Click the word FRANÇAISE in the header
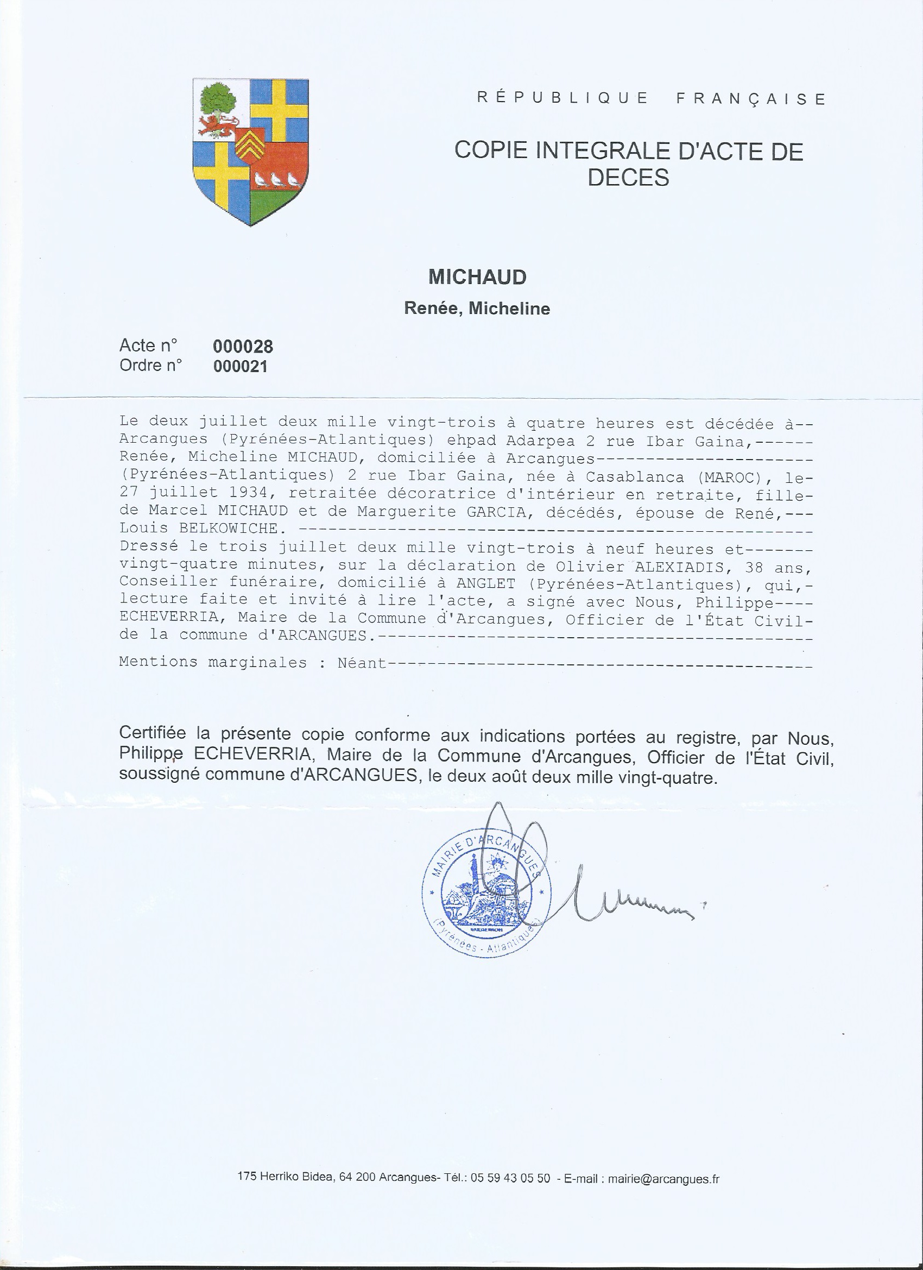(750, 99)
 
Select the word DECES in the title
(628, 178)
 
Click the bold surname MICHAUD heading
(477, 277)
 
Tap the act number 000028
(243, 347)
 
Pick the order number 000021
(241, 367)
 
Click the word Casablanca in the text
(635, 477)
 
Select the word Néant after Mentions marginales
(362, 663)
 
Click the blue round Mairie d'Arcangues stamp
(486, 894)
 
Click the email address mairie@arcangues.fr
(663, 1179)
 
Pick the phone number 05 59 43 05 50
(510, 1179)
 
